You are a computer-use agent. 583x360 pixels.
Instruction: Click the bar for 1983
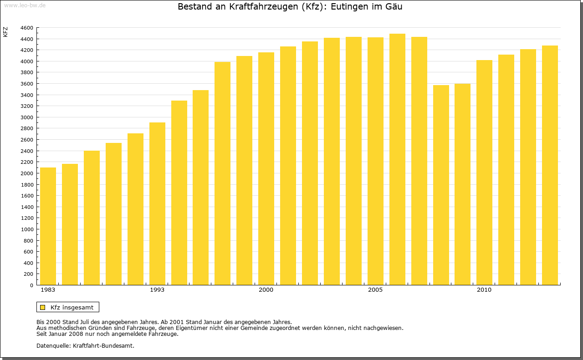click(48, 226)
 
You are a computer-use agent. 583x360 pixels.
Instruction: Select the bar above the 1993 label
click(157, 203)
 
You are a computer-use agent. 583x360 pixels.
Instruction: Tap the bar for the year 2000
click(266, 168)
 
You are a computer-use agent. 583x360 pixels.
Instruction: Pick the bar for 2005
click(375, 161)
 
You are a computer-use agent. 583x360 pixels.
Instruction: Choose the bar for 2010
click(484, 172)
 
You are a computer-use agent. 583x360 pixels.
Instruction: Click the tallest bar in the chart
click(397, 159)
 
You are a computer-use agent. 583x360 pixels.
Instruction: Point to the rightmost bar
click(550, 165)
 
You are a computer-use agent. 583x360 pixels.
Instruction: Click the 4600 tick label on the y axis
click(27, 28)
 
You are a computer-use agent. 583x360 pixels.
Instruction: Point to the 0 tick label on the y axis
click(31, 285)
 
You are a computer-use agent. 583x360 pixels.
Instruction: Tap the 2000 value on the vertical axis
click(27, 173)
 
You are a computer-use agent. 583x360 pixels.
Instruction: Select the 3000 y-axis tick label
click(27, 117)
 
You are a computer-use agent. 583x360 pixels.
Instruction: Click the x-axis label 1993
click(157, 290)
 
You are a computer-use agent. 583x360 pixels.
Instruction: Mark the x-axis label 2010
click(484, 290)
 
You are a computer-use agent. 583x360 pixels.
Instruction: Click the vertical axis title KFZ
click(5, 32)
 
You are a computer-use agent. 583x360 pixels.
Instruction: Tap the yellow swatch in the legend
click(43, 307)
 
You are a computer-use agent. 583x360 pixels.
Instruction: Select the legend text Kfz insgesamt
click(72, 307)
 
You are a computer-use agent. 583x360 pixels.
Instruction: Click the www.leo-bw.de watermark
click(24, 5)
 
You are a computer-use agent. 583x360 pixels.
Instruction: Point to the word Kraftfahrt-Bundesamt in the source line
click(103, 345)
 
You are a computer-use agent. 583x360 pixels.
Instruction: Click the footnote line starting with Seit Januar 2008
click(107, 334)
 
